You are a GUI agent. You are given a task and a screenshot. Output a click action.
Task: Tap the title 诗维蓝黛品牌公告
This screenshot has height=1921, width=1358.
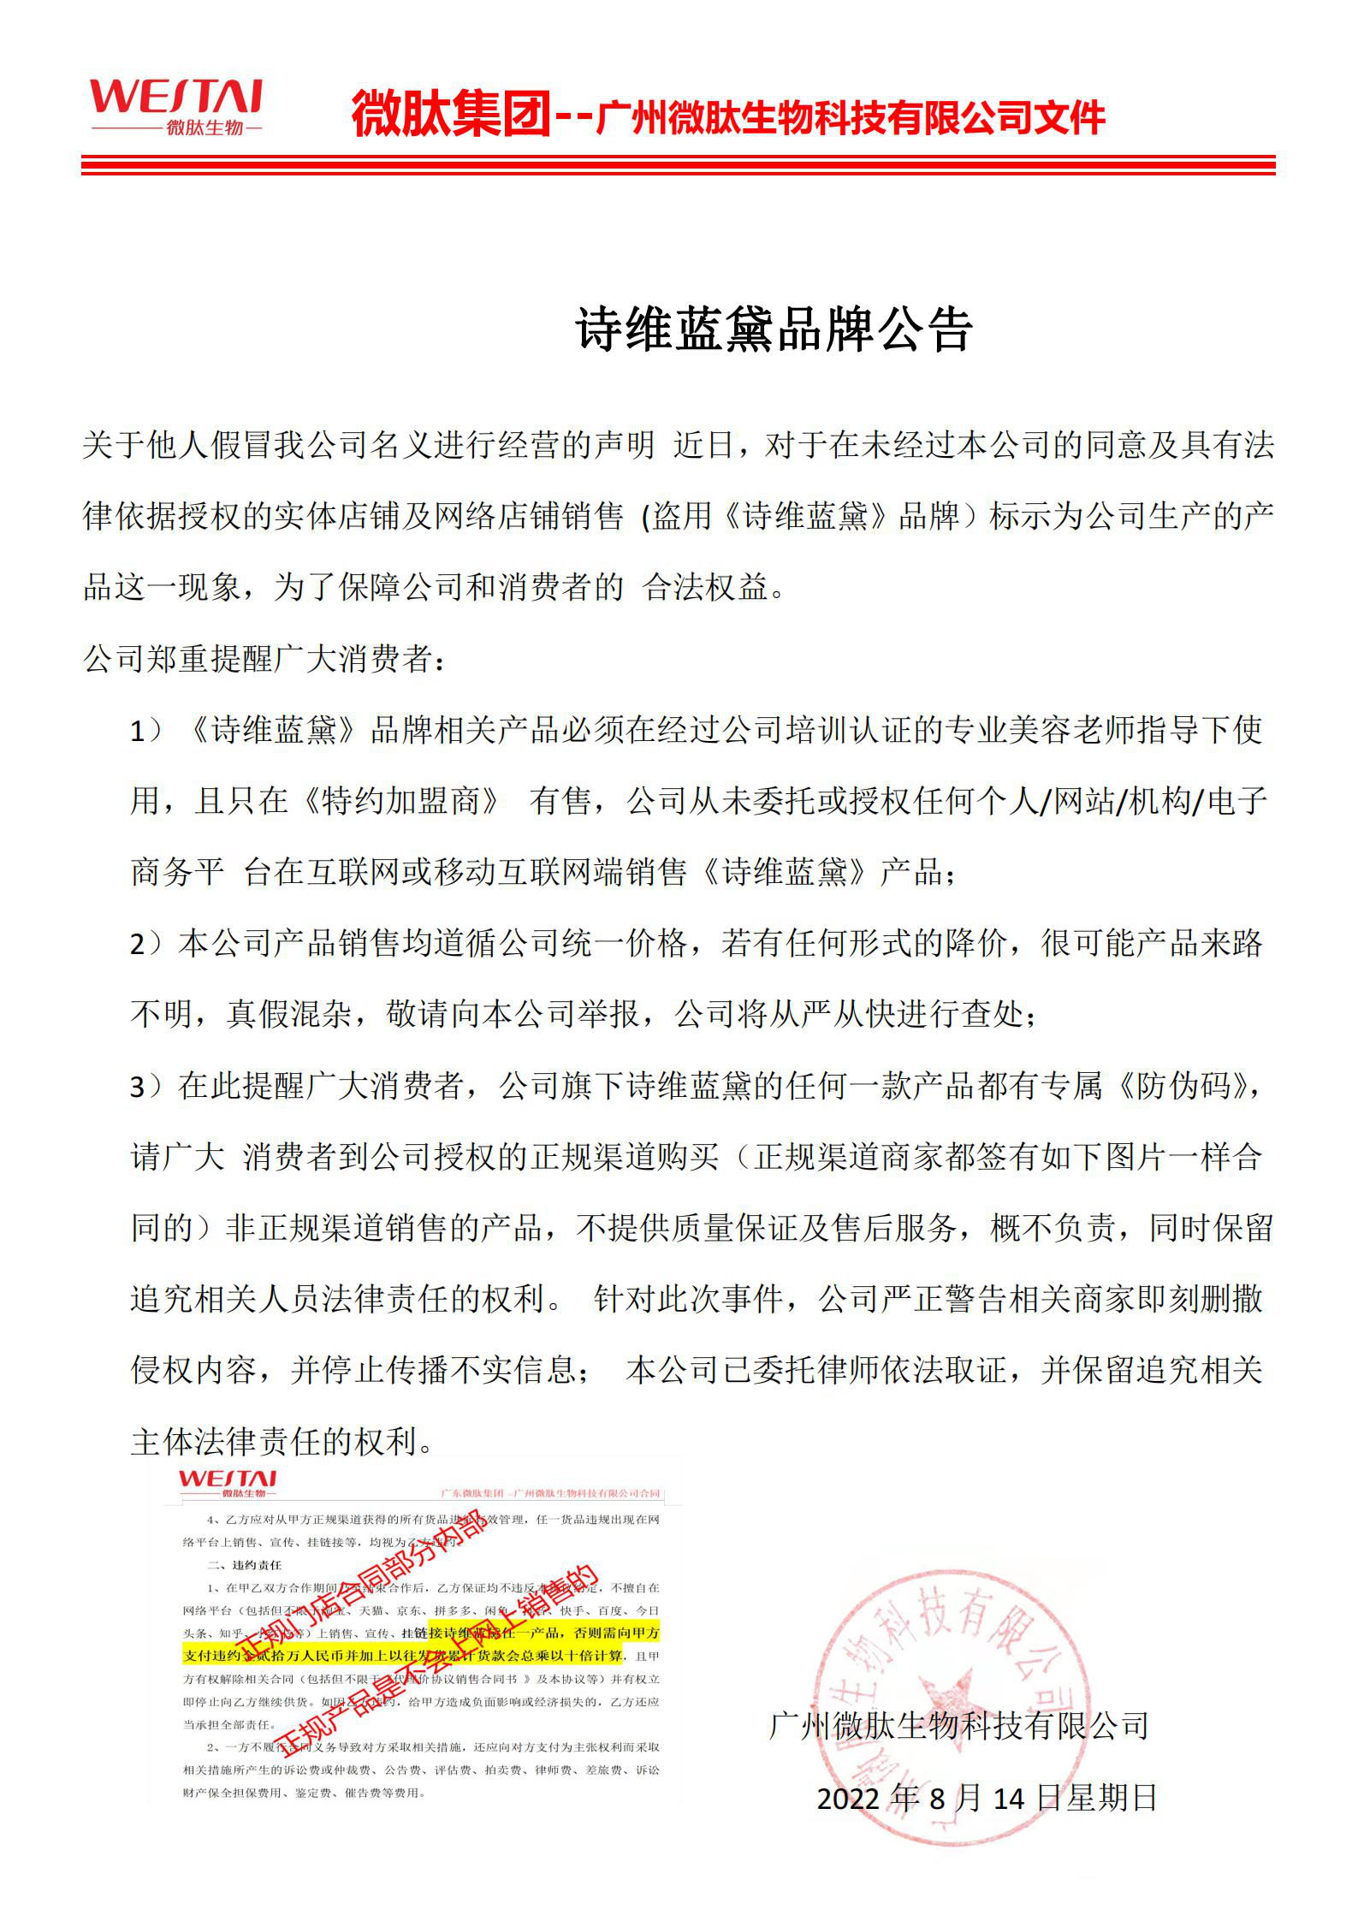(x=774, y=329)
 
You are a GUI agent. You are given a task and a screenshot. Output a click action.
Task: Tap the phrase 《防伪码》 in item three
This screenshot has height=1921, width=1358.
(x=1186, y=1088)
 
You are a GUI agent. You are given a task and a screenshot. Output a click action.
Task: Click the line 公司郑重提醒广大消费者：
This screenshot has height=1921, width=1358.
(x=264, y=660)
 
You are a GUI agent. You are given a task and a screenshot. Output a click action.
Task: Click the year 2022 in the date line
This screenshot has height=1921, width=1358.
(x=848, y=1799)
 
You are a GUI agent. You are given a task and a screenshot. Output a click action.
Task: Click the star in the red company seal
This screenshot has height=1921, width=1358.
(x=950, y=1699)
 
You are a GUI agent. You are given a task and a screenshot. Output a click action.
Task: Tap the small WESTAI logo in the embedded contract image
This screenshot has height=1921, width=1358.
(x=228, y=1479)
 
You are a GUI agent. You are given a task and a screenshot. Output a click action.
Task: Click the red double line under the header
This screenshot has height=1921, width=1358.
(x=678, y=165)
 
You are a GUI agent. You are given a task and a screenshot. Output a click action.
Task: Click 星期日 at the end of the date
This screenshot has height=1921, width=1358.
(x=1112, y=1799)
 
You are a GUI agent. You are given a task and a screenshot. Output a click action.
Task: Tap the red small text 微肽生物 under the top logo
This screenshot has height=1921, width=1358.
(x=205, y=128)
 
